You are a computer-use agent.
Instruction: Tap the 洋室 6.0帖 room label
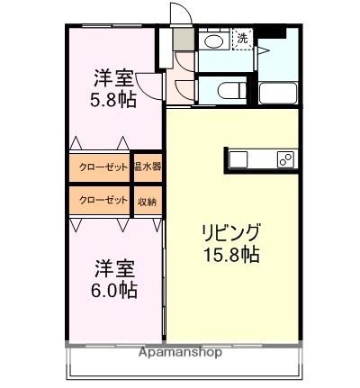point(117,280)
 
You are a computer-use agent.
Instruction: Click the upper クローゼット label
point(97,167)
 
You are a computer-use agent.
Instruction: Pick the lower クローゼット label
point(97,200)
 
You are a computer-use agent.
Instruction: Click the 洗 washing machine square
point(243,39)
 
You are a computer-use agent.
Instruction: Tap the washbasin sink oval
point(213,41)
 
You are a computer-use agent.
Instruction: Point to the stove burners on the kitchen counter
point(284,159)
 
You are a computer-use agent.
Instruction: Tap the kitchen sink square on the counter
point(238,159)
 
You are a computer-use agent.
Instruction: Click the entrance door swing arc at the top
point(180,16)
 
